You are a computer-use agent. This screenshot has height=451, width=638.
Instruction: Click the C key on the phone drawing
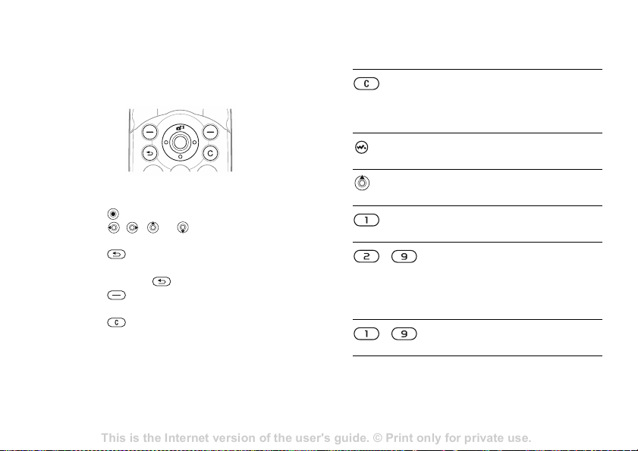tap(210, 153)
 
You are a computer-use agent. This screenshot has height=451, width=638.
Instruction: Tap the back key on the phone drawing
tap(150, 153)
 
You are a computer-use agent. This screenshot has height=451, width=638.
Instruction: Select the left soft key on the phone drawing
tap(150, 132)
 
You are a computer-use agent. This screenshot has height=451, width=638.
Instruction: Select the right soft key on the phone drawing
tap(210, 132)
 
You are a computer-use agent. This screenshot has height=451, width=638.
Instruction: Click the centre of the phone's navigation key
tap(180, 143)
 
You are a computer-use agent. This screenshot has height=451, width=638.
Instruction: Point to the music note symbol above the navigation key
tap(181, 127)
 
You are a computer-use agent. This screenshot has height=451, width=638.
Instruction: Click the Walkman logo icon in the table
tap(361, 147)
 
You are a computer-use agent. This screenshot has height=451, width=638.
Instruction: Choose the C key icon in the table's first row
tap(366, 84)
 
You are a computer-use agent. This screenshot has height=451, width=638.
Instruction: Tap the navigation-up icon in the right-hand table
tap(362, 183)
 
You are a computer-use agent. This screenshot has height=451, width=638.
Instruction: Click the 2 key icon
tap(366, 257)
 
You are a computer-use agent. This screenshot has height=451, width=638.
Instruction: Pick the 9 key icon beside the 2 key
tap(404, 257)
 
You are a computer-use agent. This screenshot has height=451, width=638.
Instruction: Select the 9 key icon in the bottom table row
tap(404, 334)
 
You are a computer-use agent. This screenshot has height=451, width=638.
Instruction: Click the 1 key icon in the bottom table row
tap(366, 334)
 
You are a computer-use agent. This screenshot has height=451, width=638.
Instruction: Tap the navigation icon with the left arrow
tap(114, 227)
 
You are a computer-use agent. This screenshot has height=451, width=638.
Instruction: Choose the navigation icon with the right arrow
tap(132, 227)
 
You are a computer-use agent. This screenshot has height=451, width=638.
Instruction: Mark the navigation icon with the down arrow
tap(183, 227)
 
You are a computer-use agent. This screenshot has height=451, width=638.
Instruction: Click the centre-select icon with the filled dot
tap(113, 214)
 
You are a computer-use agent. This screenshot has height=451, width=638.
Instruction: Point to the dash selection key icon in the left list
tap(116, 296)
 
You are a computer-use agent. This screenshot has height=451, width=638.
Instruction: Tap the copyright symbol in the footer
tap(378, 438)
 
